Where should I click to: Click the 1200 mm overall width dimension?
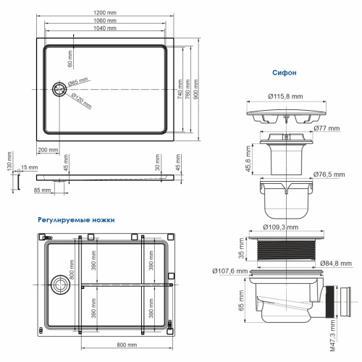107,13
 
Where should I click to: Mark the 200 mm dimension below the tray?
49,149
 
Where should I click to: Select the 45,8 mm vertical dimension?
247,156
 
